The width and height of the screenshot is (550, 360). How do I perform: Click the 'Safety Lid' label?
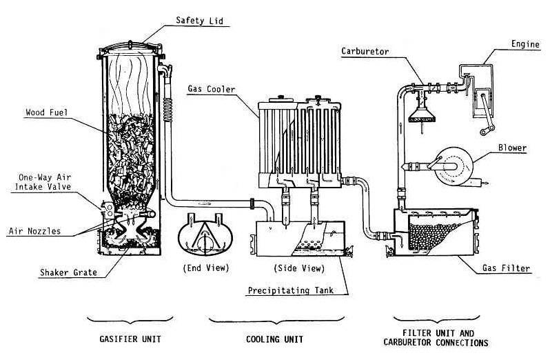(199, 21)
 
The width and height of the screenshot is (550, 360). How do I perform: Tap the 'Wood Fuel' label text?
(46, 112)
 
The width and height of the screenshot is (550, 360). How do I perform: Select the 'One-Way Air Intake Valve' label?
(43, 182)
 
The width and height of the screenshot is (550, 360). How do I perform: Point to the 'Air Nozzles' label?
(34, 231)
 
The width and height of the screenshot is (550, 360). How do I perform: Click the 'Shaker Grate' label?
(68, 272)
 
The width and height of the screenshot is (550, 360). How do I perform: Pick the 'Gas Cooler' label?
(211, 89)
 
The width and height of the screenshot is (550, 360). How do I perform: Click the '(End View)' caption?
(206, 268)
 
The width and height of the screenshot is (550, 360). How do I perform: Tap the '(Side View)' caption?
(299, 268)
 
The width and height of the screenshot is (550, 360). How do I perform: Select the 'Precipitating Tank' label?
(291, 290)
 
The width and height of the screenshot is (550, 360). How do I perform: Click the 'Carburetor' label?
(365, 52)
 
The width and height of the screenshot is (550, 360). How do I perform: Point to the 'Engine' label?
(525, 44)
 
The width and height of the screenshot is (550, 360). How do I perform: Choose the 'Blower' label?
(513, 148)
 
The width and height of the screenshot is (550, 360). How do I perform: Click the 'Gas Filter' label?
(506, 268)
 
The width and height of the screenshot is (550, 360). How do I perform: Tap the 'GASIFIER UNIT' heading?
(130, 339)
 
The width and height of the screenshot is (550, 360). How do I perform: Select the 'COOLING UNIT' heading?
(274, 339)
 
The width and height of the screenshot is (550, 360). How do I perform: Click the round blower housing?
(454, 166)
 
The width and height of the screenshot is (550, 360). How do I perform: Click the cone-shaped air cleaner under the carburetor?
(422, 114)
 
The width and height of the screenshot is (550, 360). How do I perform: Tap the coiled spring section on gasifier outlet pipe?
(168, 110)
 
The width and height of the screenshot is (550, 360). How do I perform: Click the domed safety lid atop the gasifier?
(130, 48)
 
